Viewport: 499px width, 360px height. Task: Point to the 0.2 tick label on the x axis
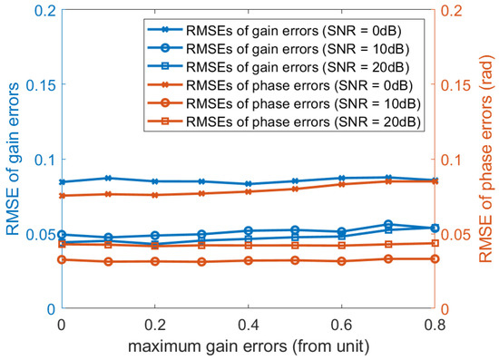tap(154, 325)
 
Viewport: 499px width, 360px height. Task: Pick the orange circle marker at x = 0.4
tap(248, 260)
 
